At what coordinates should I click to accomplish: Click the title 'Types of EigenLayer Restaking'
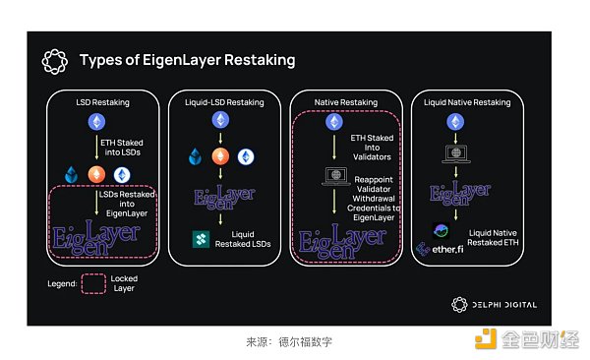coord(187,60)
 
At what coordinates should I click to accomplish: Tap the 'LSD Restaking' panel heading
coord(102,101)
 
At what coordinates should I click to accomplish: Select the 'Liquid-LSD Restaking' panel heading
coord(223,101)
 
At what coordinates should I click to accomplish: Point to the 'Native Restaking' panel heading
coord(345,101)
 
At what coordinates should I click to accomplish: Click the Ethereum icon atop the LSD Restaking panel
coord(97,122)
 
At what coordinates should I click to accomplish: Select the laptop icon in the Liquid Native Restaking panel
coord(455,153)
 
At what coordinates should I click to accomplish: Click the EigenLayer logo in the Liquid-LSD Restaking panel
coord(222,197)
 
